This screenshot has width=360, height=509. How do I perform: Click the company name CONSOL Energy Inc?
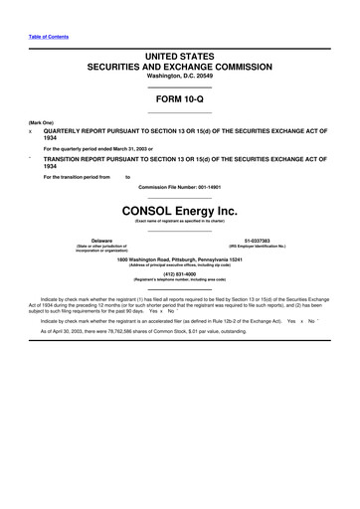click(180, 212)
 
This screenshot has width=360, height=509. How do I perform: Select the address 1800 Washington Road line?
click(180, 261)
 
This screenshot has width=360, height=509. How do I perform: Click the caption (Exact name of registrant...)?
click(180, 222)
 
